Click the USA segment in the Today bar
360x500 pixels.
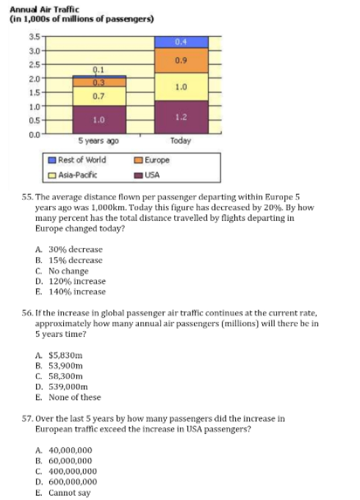click(181, 117)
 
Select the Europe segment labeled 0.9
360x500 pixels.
click(181, 61)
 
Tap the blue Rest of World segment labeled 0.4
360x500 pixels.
click(181, 42)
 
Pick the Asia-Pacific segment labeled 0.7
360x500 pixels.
click(99, 96)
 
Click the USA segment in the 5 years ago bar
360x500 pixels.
click(99, 120)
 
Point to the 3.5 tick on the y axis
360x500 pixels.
click(35, 37)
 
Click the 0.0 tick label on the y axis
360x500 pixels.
click(35, 135)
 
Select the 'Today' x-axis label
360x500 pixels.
click(181, 141)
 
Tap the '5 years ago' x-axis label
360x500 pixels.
click(98, 141)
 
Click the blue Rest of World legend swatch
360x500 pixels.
click(52, 160)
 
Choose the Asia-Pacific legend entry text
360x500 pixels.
click(78, 175)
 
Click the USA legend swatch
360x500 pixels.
click(138, 175)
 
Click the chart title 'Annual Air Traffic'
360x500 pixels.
click(44, 10)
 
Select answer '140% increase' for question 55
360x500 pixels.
click(77, 291)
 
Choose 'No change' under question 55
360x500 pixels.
click(68, 271)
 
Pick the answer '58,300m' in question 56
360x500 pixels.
click(65, 376)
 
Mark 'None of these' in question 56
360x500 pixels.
click(75, 397)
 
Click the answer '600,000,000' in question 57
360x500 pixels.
click(73, 482)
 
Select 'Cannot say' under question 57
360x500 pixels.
click(69, 493)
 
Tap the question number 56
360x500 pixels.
click(27, 313)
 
